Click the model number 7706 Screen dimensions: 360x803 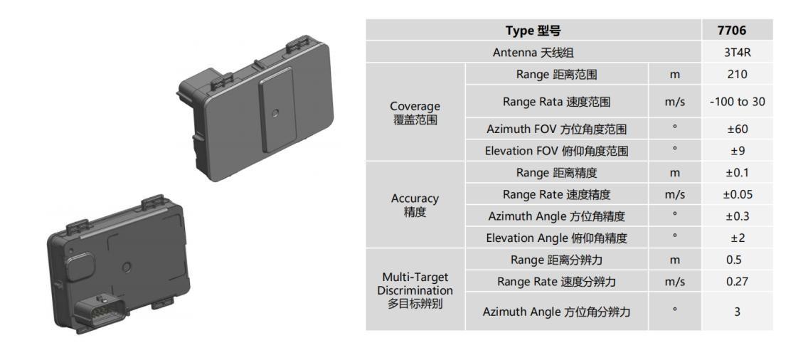pyautogui.click(x=737, y=31)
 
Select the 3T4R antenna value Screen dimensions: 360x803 pyautogui.click(x=737, y=53)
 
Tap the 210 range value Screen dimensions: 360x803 pyautogui.click(x=737, y=74)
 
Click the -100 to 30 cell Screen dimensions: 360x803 pyautogui.click(x=737, y=102)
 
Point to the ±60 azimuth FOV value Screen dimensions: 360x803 pyautogui.click(x=737, y=129)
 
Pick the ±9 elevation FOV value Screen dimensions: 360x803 pyautogui.click(x=737, y=151)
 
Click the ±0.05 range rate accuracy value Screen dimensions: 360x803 pyautogui.click(x=737, y=194)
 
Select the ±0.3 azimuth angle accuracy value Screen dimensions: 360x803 pyautogui.click(x=737, y=216)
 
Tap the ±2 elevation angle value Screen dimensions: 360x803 pyautogui.click(x=737, y=238)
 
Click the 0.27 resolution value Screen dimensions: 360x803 pyautogui.click(x=737, y=282)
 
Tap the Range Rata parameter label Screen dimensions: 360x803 pyautogui.click(x=556, y=102)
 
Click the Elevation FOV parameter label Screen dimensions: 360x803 pyautogui.click(x=556, y=151)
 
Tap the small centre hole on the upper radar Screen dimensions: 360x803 pyautogui.click(x=276, y=112)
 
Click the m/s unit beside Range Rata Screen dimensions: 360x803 pyautogui.click(x=674, y=102)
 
